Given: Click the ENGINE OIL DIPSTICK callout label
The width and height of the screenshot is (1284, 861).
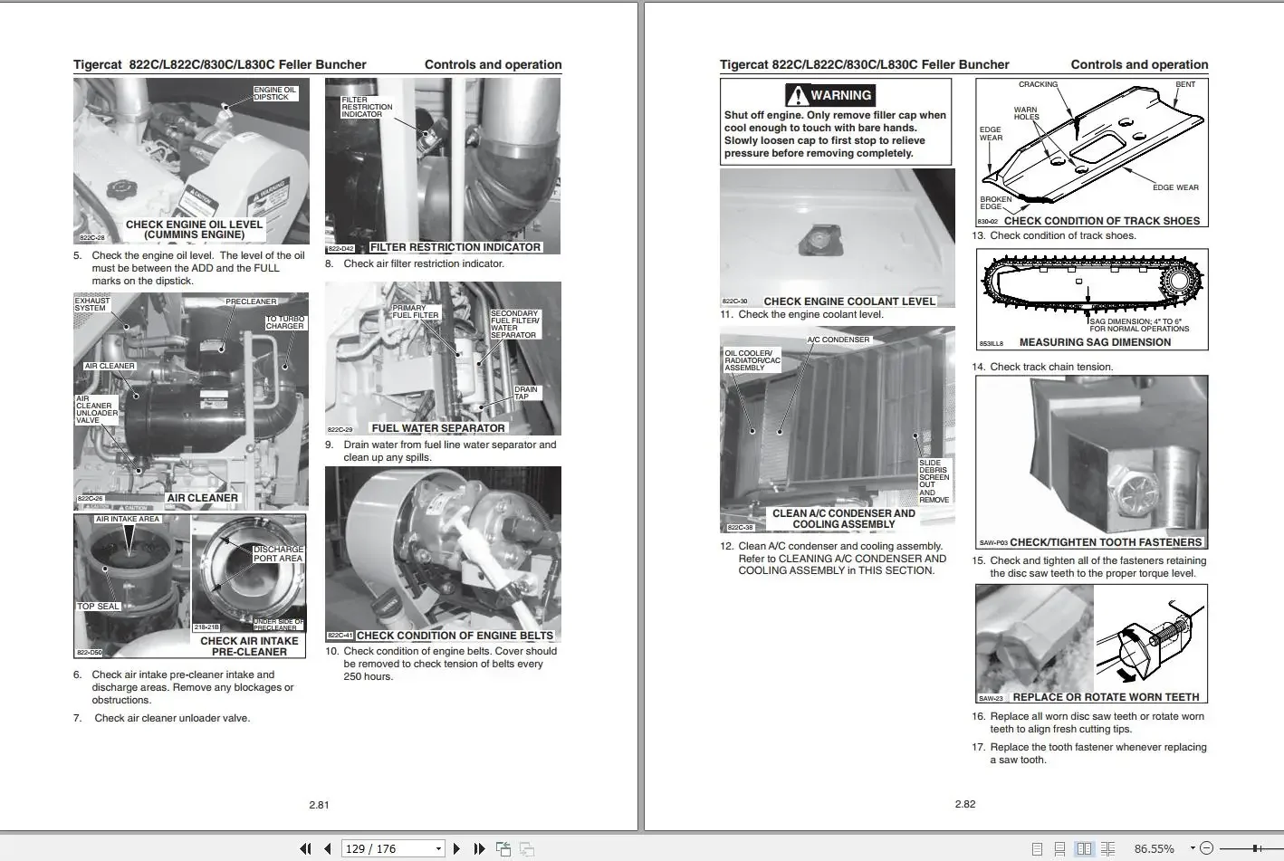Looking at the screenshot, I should pos(274,93).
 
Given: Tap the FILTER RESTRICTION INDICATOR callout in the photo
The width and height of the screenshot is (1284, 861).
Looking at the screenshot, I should pos(367,107).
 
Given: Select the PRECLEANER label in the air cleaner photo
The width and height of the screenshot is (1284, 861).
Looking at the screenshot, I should pos(251,301).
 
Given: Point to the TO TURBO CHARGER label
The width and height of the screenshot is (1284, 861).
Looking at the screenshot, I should pos(284,322).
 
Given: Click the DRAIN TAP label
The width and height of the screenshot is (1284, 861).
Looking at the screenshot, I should pos(525,393).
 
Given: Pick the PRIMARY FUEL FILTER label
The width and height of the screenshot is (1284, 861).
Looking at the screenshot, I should pos(415,311).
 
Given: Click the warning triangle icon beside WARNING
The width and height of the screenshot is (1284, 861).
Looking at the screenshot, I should pos(797,95).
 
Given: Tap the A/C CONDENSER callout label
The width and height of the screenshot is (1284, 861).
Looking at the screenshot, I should pos(838,340).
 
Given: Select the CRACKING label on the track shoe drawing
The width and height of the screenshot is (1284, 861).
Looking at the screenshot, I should pos(1038,84).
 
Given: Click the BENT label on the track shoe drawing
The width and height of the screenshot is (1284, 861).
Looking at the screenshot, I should pos(1184,84).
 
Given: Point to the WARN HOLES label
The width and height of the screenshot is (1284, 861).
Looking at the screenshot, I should pos(1026,113).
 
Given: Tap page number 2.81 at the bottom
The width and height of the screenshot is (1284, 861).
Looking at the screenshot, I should pos(319,804).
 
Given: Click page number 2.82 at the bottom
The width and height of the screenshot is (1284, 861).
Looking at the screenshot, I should pos(964,804).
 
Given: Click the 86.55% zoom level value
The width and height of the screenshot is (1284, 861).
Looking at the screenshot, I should pos(1154,848).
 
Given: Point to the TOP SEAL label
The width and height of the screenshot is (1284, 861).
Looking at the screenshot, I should pos(98,606).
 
